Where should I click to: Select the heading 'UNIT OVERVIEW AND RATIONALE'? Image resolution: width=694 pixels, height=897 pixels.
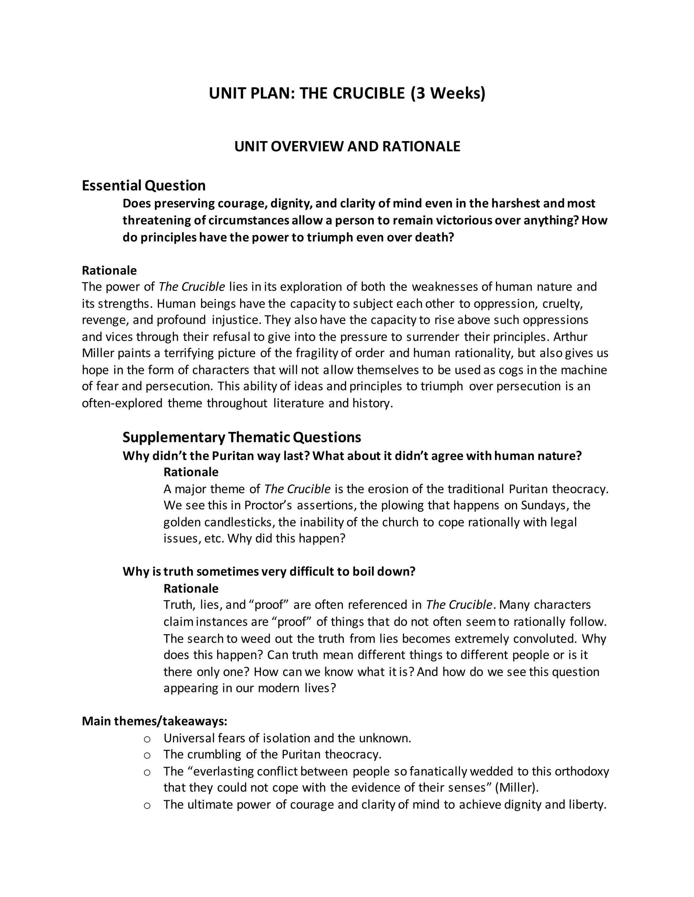click(347, 147)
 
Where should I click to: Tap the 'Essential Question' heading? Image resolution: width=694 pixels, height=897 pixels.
click(143, 185)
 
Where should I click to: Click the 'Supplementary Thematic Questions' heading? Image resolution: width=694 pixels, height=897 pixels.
click(242, 437)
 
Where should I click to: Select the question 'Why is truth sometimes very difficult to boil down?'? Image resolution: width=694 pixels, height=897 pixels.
click(269, 572)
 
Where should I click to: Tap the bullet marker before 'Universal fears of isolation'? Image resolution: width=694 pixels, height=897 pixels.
click(147, 739)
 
